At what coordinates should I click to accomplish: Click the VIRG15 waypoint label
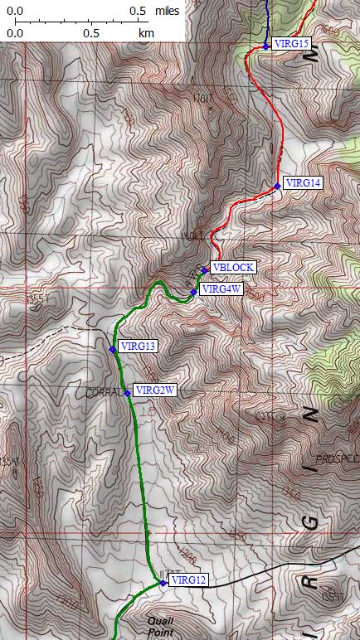tap(291, 44)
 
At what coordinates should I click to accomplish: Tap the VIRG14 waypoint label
tap(303, 182)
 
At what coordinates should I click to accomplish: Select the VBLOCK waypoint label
tap(232, 267)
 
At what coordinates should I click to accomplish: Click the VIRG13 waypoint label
tap(139, 346)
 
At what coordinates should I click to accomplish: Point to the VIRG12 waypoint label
tap(187, 580)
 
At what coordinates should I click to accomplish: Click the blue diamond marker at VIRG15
tap(266, 46)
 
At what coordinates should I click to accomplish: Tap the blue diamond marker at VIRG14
tap(277, 186)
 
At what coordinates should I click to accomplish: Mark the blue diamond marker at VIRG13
tap(112, 349)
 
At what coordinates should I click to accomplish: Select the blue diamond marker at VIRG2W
tap(128, 393)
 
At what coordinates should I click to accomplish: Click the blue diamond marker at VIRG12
tap(163, 583)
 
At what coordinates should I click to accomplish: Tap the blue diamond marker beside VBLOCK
tap(204, 269)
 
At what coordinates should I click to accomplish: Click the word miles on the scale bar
tap(169, 12)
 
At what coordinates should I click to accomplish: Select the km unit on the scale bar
tap(147, 34)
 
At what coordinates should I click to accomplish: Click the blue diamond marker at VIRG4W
tap(194, 292)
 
